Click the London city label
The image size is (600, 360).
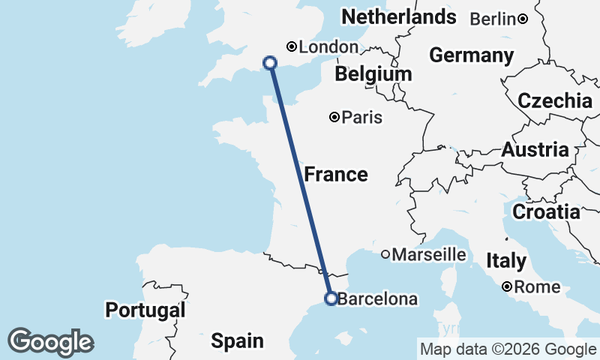tap(328, 47)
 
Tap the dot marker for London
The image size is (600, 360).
tap(292, 46)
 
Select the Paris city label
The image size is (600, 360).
tap(362, 118)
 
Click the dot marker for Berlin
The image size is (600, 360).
tap(523, 19)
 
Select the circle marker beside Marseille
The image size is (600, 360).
tap(385, 254)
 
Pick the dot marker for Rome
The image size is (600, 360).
tap(508, 286)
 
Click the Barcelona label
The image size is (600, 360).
tap(377, 299)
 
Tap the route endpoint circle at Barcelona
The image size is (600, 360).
tap(330, 298)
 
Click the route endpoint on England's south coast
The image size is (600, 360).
tap(271, 63)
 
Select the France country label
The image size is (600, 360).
tap(336, 175)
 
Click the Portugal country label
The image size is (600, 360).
tap(145, 310)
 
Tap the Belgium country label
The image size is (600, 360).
tap(373, 74)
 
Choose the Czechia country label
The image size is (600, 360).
tap(555, 101)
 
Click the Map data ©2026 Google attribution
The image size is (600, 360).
tap(508, 349)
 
